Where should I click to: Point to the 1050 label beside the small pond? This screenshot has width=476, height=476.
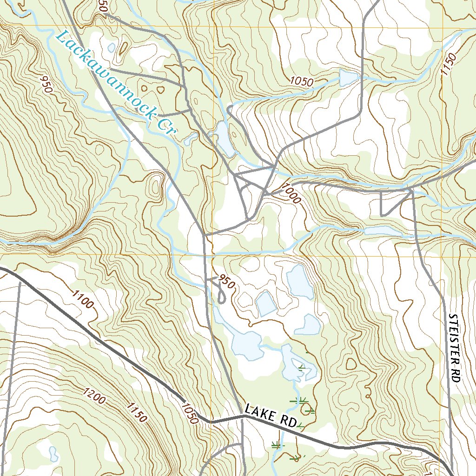pyautogui.click(x=302, y=81)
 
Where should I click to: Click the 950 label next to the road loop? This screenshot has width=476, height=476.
pyautogui.click(x=226, y=282)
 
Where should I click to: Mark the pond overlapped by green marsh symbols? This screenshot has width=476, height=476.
pyautogui.click(x=297, y=365)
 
